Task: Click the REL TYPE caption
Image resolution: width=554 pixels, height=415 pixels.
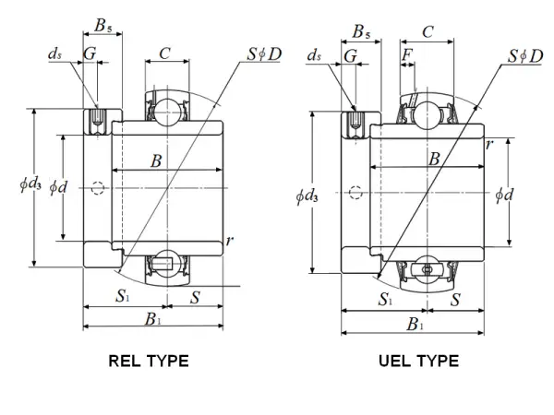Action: (x=149, y=361)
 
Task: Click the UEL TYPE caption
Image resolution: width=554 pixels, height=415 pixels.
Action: (x=417, y=361)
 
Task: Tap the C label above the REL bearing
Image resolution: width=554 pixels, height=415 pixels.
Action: (x=164, y=53)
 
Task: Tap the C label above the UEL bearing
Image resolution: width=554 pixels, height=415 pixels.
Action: (x=428, y=33)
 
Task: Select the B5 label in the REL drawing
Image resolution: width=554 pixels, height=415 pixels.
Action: (x=106, y=25)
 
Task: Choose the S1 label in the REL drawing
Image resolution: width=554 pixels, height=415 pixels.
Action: (x=122, y=296)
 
